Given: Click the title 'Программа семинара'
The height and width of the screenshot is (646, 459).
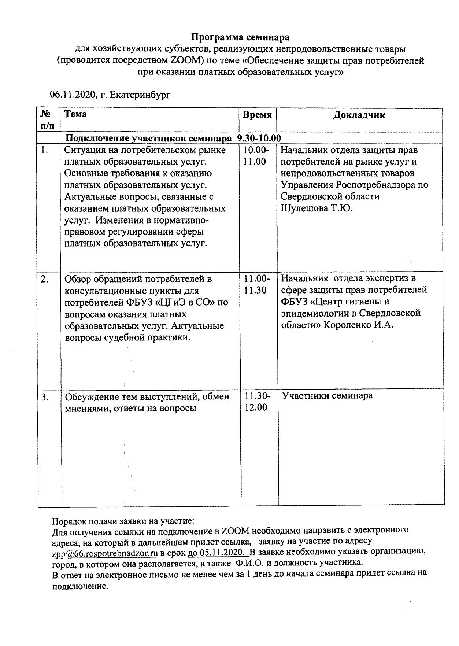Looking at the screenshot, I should pyautogui.click(x=240, y=37).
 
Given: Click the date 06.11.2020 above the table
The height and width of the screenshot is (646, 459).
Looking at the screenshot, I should pyautogui.click(x=72, y=95).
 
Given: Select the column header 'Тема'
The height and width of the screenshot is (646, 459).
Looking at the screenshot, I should pyautogui.click(x=75, y=114).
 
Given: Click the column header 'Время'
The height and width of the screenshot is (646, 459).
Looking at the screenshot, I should pyautogui.click(x=258, y=115).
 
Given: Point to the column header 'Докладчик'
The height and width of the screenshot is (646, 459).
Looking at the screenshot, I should pyautogui.click(x=359, y=115).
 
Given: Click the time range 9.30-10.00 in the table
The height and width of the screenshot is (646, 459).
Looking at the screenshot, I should pyautogui.click(x=259, y=138).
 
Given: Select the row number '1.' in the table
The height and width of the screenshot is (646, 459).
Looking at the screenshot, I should pyautogui.click(x=45, y=150).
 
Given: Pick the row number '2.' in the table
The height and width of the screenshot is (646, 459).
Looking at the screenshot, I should pyautogui.click(x=45, y=279).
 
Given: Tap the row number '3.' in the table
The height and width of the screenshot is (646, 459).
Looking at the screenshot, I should pyautogui.click(x=45, y=397).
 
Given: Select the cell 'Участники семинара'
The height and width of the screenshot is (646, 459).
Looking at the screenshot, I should pyautogui.click(x=327, y=396).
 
